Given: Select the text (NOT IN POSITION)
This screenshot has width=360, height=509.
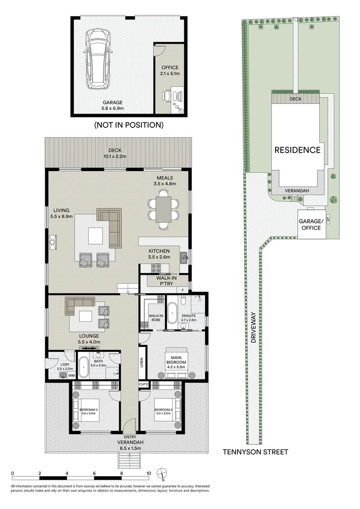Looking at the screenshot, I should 129,125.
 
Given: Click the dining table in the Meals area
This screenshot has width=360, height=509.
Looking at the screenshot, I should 164,209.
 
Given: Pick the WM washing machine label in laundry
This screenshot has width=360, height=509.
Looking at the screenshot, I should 72,376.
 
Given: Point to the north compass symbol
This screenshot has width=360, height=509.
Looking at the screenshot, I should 163,474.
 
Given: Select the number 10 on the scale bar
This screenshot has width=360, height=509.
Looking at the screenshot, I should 148,473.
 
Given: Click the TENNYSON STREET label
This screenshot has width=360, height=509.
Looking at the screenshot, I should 255,452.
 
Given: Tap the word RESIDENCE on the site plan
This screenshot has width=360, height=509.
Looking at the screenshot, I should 298,150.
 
